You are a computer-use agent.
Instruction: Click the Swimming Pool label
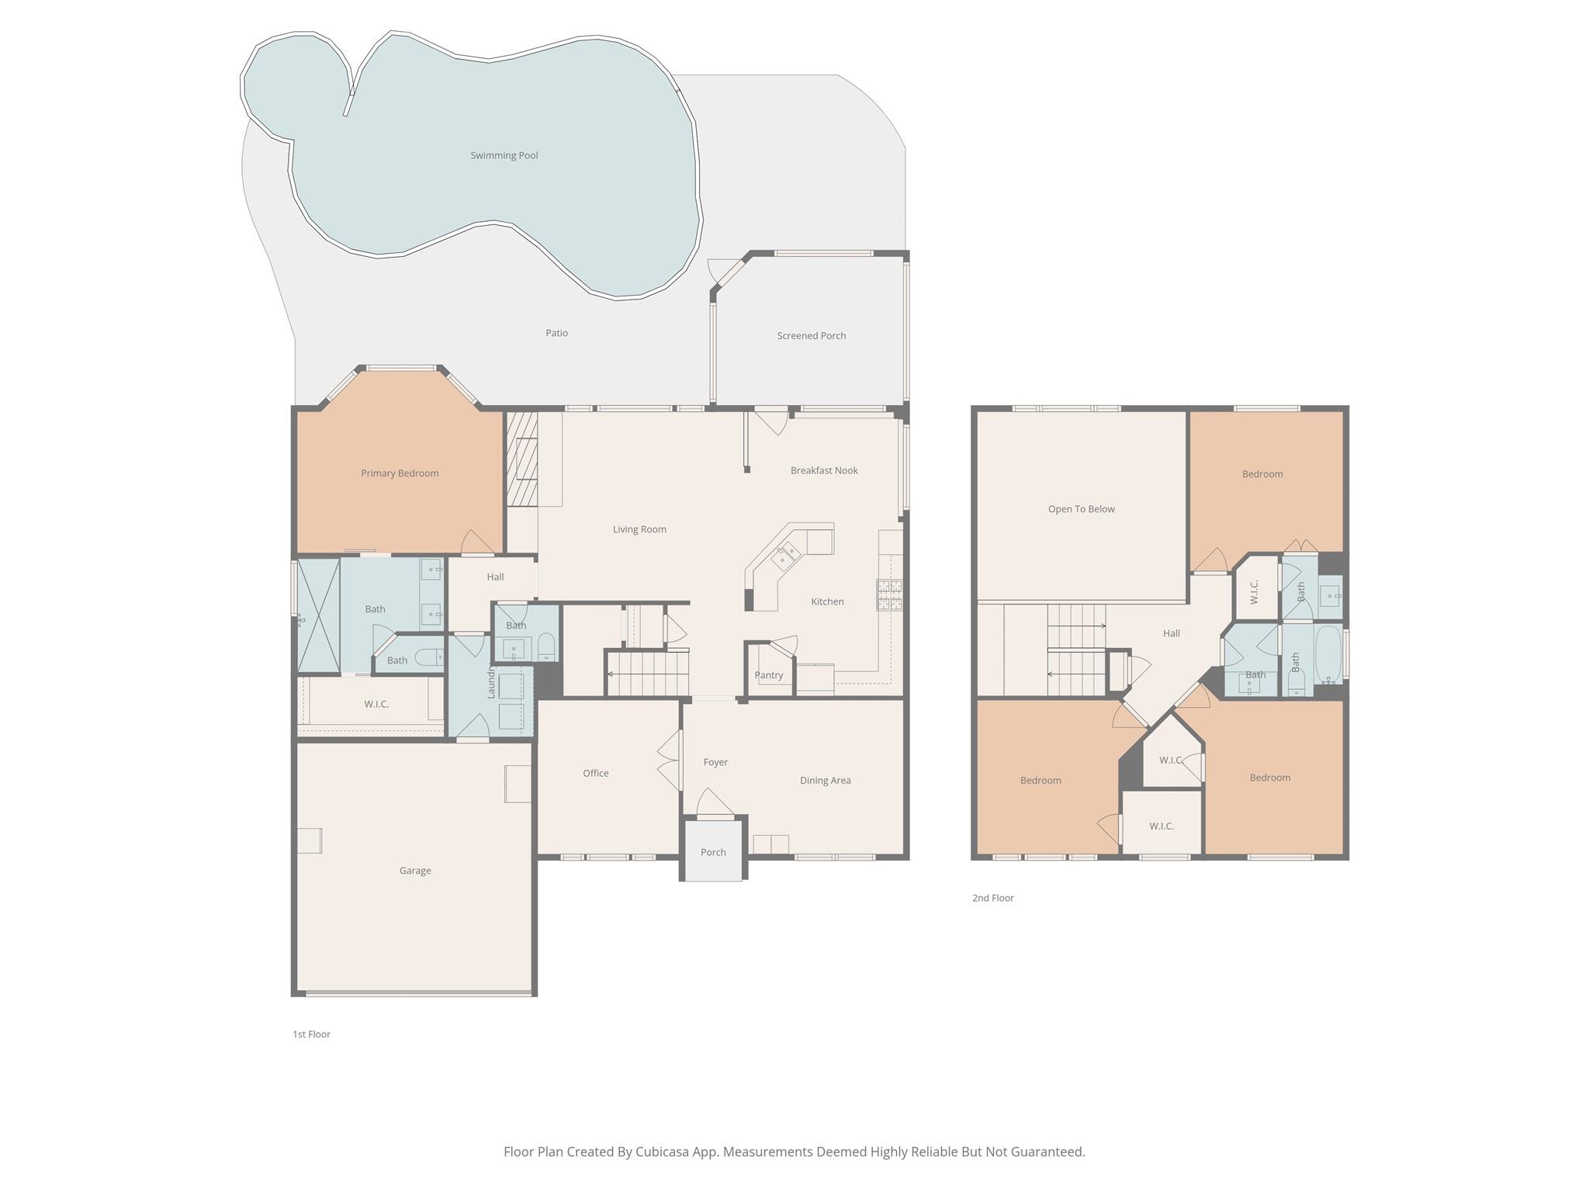point(504,155)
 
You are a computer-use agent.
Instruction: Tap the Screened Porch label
point(812,336)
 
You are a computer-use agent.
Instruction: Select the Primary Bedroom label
point(400,473)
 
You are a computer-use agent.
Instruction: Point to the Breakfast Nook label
point(824,470)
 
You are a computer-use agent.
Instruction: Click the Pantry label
point(769,675)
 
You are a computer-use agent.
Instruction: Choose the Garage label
point(415,871)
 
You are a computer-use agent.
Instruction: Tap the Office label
point(596,773)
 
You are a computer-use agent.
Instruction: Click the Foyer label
point(715,762)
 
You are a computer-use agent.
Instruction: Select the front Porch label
point(713,852)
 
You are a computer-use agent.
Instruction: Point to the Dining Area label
point(826,781)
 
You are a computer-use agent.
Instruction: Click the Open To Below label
point(1082,509)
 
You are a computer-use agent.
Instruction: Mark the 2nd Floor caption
point(993,898)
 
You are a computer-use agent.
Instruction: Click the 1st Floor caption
point(311,1034)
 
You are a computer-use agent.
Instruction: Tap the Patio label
point(557,333)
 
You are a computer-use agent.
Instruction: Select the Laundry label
point(491,682)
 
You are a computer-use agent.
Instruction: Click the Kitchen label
point(827,601)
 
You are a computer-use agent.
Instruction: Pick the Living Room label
point(639,529)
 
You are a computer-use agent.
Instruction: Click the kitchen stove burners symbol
point(889,594)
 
